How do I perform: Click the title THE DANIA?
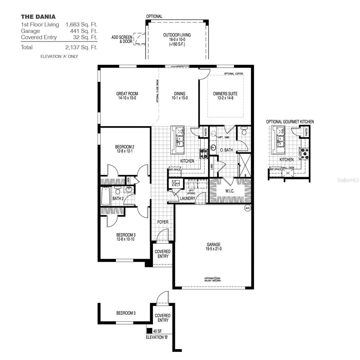38,17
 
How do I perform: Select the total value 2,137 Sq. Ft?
81,47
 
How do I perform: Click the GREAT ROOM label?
127,94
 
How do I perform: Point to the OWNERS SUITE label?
225,94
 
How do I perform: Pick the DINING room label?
179,94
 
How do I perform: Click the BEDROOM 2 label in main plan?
124,147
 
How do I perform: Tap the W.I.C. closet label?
230,191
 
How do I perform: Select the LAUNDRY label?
187,198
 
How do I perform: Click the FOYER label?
163,222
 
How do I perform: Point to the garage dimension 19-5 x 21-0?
213,249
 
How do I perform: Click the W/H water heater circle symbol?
247,208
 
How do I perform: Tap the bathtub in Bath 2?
106,196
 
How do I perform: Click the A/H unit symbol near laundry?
174,183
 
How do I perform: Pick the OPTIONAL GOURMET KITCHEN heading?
290,121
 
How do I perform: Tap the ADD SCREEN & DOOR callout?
121,39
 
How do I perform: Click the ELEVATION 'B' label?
157,337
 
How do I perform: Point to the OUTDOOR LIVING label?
177,35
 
